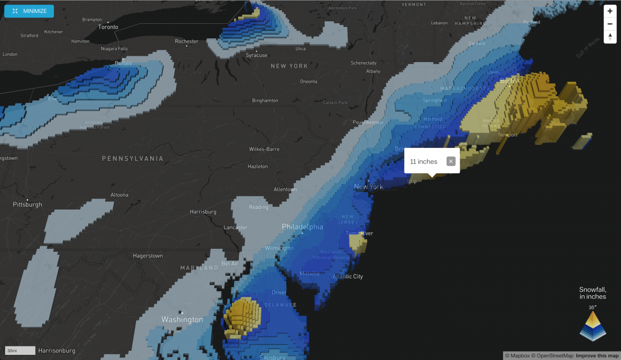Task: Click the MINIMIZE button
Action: click(x=29, y=11)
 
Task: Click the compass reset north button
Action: click(x=610, y=37)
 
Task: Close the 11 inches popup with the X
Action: click(x=451, y=161)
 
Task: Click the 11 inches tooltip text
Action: click(x=423, y=162)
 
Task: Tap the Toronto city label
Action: click(x=108, y=27)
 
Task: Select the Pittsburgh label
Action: click(x=27, y=204)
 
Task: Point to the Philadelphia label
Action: click(x=302, y=227)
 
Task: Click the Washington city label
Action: click(x=182, y=320)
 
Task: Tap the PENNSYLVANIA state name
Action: click(x=132, y=158)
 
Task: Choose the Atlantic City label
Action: click(x=347, y=276)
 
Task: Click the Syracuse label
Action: click(x=256, y=55)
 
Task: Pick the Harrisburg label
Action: click(x=203, y=212)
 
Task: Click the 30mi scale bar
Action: click(x=20, y=350)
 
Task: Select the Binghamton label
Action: click(x=265, y=100)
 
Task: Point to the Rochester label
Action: click(x=186, y=41)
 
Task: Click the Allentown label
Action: click(x=285, y=189)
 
